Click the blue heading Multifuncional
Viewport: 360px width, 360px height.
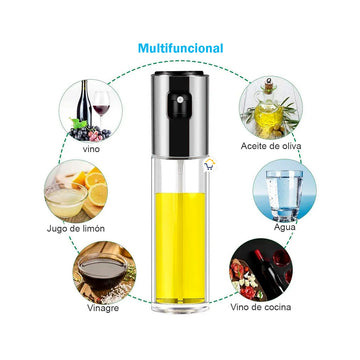[x=180, y=48]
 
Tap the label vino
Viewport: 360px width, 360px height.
[x=91, y=149]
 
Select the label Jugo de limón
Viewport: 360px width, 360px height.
[x=76, y=229]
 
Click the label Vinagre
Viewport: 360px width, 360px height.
[x=103, y=308]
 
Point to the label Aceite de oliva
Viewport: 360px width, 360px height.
[x=271, y=146]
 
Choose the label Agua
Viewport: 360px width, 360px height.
[x=284, y=227]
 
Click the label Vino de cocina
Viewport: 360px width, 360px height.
[x=260, y=307]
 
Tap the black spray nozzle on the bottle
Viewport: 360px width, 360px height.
[x=180, y=100]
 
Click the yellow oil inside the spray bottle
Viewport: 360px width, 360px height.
[x=180, y=248]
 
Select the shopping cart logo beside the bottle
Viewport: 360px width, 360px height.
[x=210, y=165]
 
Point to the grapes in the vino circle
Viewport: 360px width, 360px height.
[x=90, y=133]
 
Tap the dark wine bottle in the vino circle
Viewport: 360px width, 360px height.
[x=84, y=104]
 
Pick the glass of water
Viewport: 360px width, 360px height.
[x=285, y=195]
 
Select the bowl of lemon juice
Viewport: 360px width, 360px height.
[x=66, y=200]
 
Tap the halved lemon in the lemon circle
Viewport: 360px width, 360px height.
[x=98, y=194]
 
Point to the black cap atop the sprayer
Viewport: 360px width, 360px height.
[x=179, y=73]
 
